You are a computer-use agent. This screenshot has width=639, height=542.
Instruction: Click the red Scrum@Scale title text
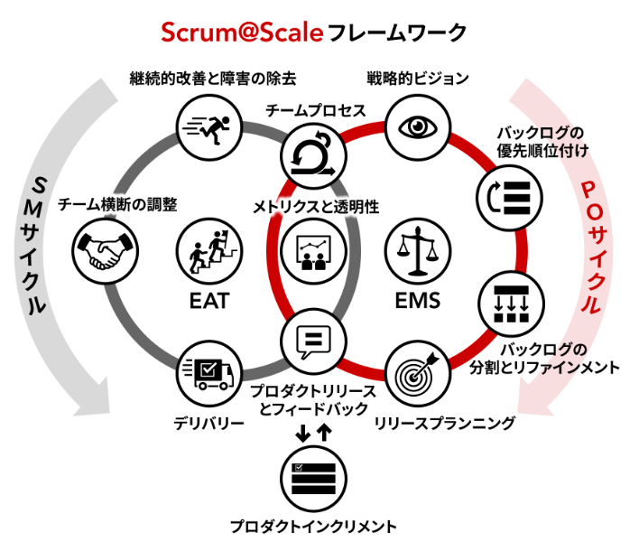[x=242, y=33]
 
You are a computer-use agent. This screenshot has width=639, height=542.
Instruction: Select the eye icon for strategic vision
[x=418, y=127]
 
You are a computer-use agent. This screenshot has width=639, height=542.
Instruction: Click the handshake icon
[x=105, y=251]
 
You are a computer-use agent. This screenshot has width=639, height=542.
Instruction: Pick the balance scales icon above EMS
[x=418, y=251]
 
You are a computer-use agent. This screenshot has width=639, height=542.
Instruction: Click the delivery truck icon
[x=209, y=373]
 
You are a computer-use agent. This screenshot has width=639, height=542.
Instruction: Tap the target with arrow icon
[x=418, y=373]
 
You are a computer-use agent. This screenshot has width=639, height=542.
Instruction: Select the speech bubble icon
[x=313, y=341]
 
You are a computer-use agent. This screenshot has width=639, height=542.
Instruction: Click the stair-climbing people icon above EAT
[x=209, y=251]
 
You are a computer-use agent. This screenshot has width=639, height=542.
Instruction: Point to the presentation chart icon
[x=313, y=251]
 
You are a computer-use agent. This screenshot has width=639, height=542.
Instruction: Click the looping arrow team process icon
[x=313, y=156]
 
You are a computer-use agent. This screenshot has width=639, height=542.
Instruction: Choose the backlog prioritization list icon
[x=509, y=198]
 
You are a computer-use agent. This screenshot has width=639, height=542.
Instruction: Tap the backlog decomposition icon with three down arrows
[x=511, y=304]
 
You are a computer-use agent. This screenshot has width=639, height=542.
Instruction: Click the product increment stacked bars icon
[x=313, y=479]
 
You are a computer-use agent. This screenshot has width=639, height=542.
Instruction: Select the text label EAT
[x=209, y=301]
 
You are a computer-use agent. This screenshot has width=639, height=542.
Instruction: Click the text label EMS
[x=418, y=301]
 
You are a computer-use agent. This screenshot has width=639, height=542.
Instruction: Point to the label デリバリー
[x=209, y=424]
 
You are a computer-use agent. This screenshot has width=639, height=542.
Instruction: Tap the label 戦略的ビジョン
[x=418, y=79]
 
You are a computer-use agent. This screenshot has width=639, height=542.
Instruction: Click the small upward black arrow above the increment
[x=324, y=433]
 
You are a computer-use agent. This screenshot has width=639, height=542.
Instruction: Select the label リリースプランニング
[x=445, y=424]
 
